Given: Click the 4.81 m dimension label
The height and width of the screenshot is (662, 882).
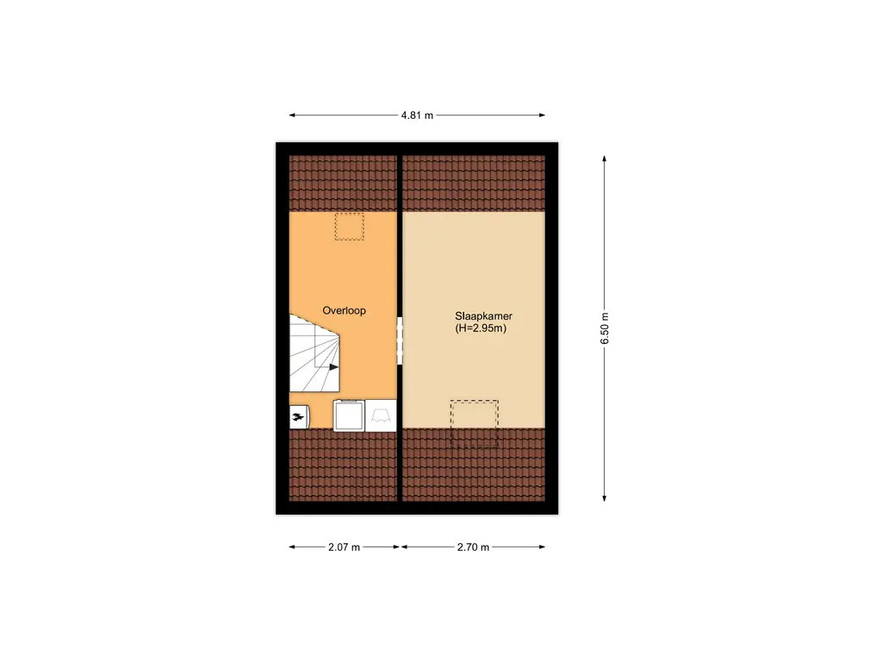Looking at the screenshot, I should click(x=417, y=115).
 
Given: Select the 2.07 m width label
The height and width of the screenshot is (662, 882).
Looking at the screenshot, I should click(x=344, y=546).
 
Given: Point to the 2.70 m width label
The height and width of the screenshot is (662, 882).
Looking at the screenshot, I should click(x=473, y=546).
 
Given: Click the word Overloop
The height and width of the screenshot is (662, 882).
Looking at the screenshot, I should click(x=344, y=310).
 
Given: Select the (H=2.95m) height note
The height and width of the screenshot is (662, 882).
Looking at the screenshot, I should click(x=481, y=328).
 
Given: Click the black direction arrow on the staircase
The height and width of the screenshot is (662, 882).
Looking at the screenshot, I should click(x=333, y=366).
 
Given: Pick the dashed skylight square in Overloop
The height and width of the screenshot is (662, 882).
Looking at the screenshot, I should click(x=350, y=227).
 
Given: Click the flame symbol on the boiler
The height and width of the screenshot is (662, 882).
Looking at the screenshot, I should click(x=299, y=418).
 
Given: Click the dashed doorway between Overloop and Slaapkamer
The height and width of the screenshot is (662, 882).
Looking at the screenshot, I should click(x=400, y=341).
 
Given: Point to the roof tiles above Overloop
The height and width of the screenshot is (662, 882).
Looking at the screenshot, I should click(x=343, y=183).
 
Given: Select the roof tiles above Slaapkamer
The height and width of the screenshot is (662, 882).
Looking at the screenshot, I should click(x=474, y=183).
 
